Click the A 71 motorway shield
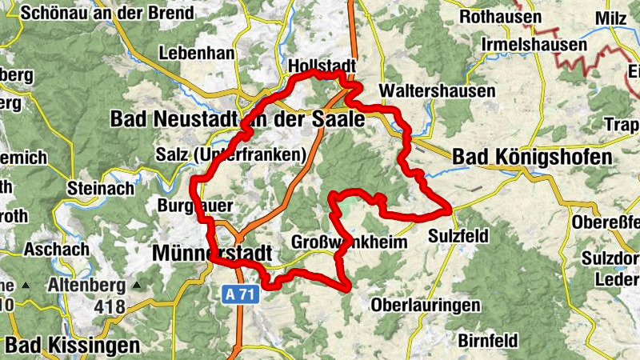click(x=239, y=295)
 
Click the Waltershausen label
click(x=438, y=91)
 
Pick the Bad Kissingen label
click(x=72, y=345)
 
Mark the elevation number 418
click(x=109, y=306)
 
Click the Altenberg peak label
click(x=86, y=285)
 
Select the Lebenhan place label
click(x=198, y=53)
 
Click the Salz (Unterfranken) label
click(x=233, y=154)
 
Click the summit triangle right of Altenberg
click(x=137, y=285)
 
